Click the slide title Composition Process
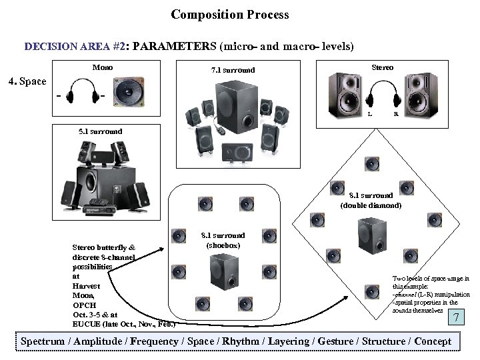230,14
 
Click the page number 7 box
456,317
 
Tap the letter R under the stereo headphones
396,114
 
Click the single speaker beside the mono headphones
129,93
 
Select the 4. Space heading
26,82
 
